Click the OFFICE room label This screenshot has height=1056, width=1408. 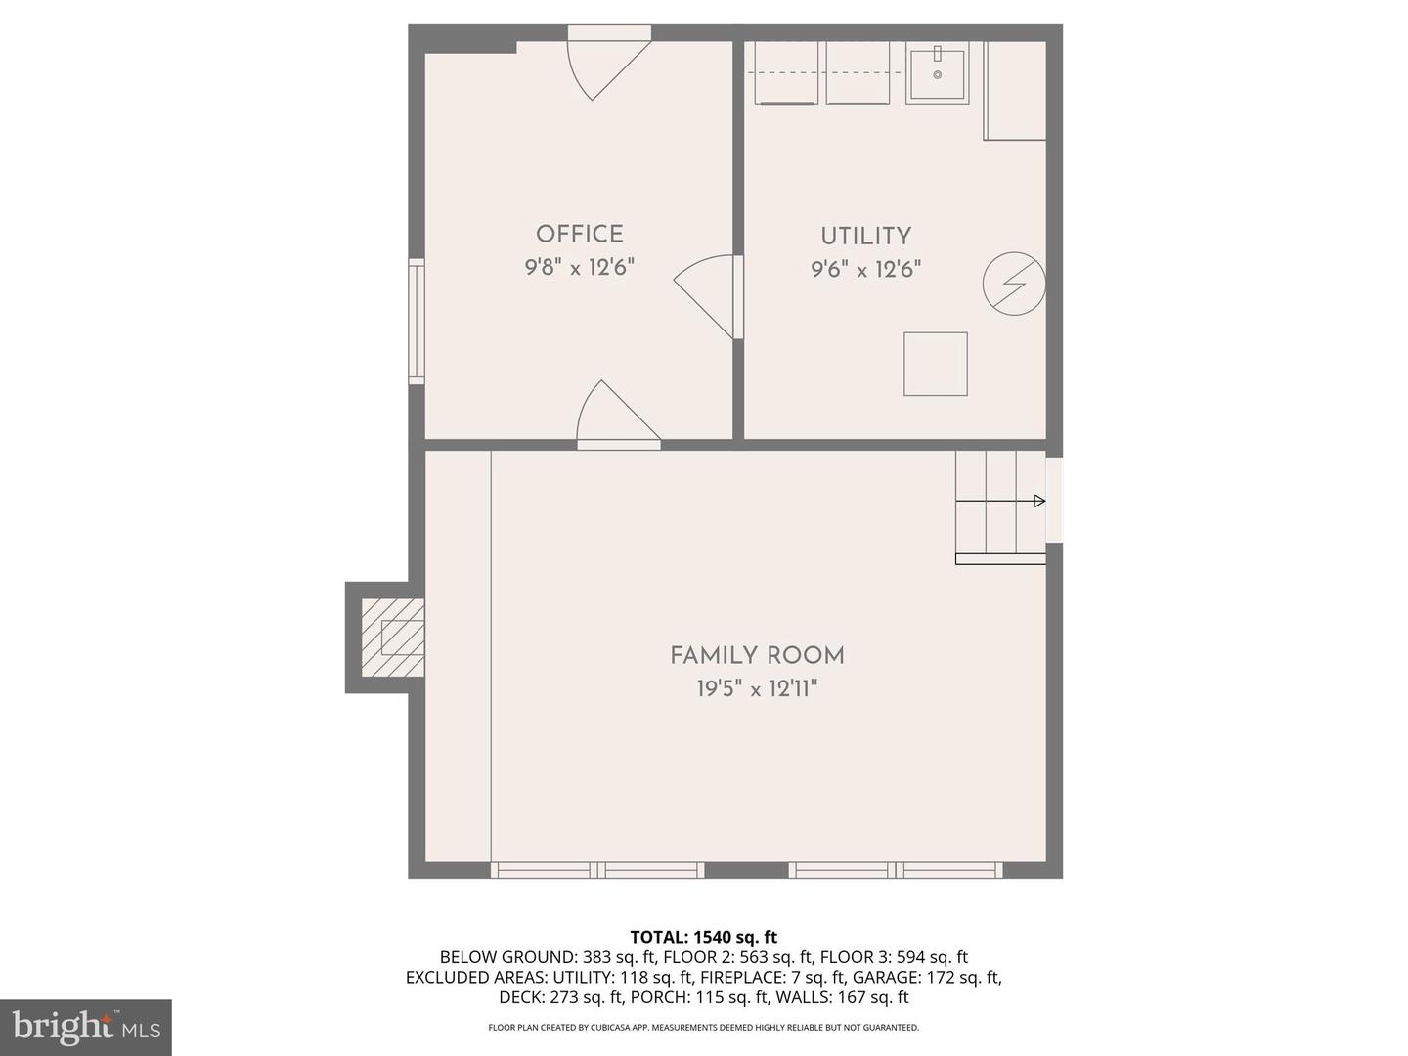[x=579, y=234]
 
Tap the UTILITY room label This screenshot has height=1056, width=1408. [x=866, y=236]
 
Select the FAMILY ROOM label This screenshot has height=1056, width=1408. [x=757, y=656]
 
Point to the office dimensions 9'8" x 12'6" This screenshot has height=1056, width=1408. [x=579, y=267]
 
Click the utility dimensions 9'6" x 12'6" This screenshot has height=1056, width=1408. [x=866, y=269]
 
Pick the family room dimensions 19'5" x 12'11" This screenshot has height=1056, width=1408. [x=757, y=689]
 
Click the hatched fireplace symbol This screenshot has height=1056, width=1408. [x=392, y=638]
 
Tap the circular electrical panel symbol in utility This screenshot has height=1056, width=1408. [x=1014, y=284]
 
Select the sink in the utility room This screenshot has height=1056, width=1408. [x=937, y=74]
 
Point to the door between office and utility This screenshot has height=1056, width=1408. [x=709, y=297]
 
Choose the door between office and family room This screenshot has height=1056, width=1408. [x=618, y=412]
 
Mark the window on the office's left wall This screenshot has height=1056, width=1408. [x=417, y=322]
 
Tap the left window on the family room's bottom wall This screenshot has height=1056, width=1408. [x=597, y=870]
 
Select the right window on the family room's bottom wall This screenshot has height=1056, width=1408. [x=896, y=870]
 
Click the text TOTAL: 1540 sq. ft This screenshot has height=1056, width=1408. [x=704, y=937]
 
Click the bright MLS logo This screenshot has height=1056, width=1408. [x=86, y=1028]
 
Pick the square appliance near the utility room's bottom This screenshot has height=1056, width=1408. [x=936, y=364]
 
